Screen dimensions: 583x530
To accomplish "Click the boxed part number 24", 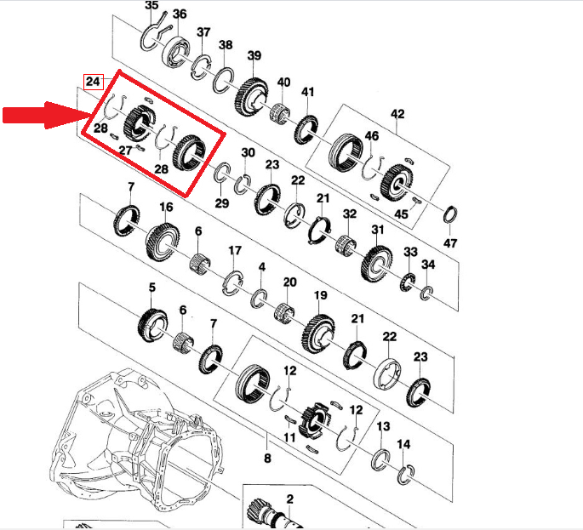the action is [x=93, y=82].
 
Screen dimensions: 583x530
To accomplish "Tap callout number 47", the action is [x=450, y=243].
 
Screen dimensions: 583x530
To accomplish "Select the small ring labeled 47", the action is [x=450, y=214].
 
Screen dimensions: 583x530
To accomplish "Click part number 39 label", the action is [x=254, y=56].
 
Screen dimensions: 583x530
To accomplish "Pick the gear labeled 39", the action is [x=251, y=96].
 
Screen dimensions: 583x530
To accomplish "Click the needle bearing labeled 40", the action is [x=280, y=111].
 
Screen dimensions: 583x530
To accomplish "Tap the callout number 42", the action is [x=397, y=114].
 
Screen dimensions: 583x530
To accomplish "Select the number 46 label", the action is [x=371, y=136].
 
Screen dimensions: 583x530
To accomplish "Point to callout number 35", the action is [x=151, y=5].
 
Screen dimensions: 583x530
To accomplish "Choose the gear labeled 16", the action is [x=163, y=242].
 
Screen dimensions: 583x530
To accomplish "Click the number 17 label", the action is [x=235, y=250].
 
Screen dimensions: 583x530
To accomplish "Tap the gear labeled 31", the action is [x=376, y=264].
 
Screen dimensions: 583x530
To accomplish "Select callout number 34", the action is [x=428, y=265].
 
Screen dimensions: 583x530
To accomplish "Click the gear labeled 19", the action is [x=318, y=333].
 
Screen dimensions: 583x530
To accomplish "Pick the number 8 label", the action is [x=267, y=459].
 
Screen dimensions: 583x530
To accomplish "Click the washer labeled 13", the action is [x=380, y=459].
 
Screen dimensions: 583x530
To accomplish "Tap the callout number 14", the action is [x=403, y=445].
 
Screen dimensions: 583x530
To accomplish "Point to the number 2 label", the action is [x=289, y=499].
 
